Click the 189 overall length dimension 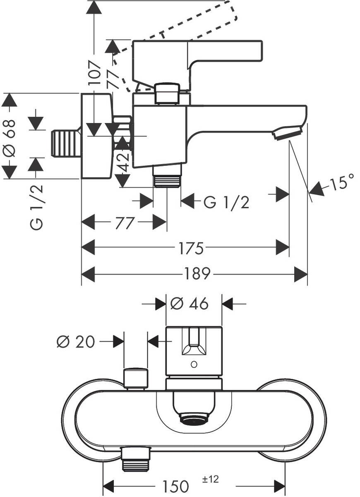pyautogui.click(x=197, y=273)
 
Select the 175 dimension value pyautogui.click(x=191, y=248)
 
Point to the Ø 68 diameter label pyautogui.click(x=9, y=138)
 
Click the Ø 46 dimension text pyautogui.click(x=189, y=304)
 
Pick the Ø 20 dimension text pyautogui.click(x=75, y=342)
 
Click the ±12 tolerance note pyautogui.click(x=210, y=480)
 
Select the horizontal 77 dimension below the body pyautogui.click(x=124, y=223)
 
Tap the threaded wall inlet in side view pyautogui.click(x=65, y=144)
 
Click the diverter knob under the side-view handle pyautogui.click(x=167, y=93)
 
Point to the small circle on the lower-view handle pyautogui.click(x=193, y=364)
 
